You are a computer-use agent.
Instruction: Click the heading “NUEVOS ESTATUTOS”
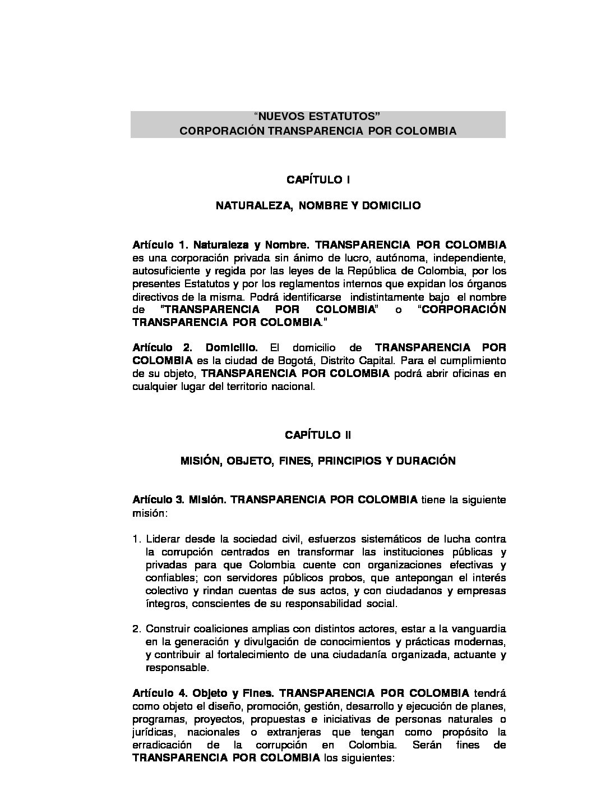point(317,117)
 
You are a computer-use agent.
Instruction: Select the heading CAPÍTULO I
point(318,180)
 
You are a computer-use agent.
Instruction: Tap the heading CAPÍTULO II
point(318,435)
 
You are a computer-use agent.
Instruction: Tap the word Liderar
point(164,540)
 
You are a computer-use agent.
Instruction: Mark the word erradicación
point(163,746)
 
